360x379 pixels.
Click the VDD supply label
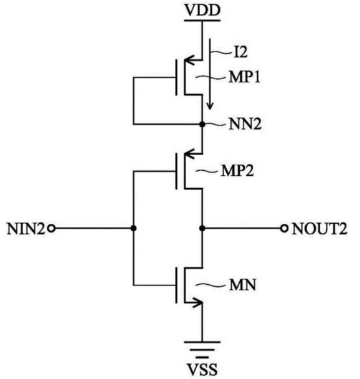click(x=202, y=10)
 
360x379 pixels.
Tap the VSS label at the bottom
click(x=202, y=369)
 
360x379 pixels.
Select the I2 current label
click(x=240, y=52)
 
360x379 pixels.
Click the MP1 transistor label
click(x=245, y=77)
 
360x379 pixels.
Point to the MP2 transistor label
click(x=237, y=171)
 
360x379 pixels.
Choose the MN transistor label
click(x=242, y=285)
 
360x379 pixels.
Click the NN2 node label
click(x=245, y=125)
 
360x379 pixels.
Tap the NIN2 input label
click(x=26, y=229)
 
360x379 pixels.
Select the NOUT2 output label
click(x=320, y=229)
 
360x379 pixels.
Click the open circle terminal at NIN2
click(x=51, y=228)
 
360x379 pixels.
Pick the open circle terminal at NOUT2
click(x=285, y=228)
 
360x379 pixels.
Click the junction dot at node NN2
click(x=202, y=125)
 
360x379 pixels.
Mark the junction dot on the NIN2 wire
click(x=133, y=228)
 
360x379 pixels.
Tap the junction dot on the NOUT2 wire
click(x=202, y=228)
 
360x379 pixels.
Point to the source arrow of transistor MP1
click(x=191, y=60)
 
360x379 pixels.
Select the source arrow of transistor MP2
click(x=191, y=154)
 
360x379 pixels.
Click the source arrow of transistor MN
click(x=196, y=302)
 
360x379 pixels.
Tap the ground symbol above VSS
click(x=202, y=350)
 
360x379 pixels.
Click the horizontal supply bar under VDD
click(x=202, y=21)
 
